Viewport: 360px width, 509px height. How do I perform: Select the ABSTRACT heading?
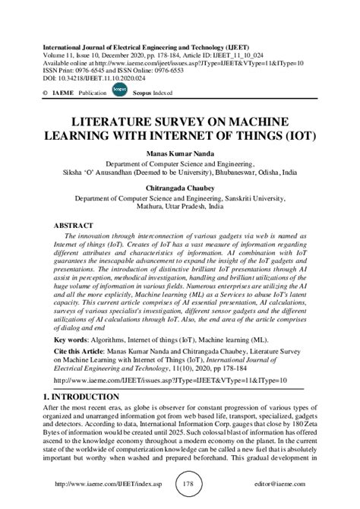click(74, 226)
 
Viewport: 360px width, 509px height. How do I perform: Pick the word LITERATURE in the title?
click(118, 121)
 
